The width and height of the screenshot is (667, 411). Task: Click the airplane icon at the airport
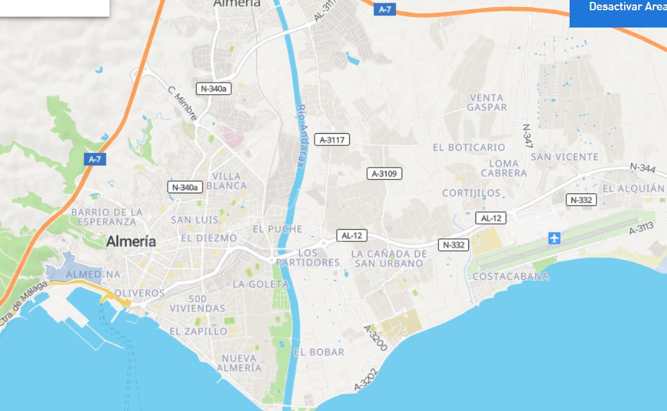tap(554, 239)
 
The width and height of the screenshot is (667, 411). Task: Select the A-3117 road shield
tap(333, 140)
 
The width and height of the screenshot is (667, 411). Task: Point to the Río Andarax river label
tap(299, 136)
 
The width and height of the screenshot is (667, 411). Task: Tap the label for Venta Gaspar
tap(487, 102)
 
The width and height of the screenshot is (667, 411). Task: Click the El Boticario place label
tap(469, 147)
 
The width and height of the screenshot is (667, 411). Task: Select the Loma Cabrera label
tap(504, 168)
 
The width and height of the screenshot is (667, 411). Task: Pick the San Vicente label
tap(565, 157)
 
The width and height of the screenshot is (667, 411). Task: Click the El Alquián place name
tap(634, 188)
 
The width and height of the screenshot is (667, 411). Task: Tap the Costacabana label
tap(510, 277)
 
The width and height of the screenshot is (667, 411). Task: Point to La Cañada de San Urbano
tap(389, 259)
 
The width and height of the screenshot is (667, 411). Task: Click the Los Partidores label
tap(308, 258)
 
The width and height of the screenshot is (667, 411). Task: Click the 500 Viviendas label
tap(198, 303)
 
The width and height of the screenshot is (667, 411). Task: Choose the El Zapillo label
tap(198, 331)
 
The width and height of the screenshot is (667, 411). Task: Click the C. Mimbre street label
tap(183, 102)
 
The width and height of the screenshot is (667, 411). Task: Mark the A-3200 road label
tap(375, 337)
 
